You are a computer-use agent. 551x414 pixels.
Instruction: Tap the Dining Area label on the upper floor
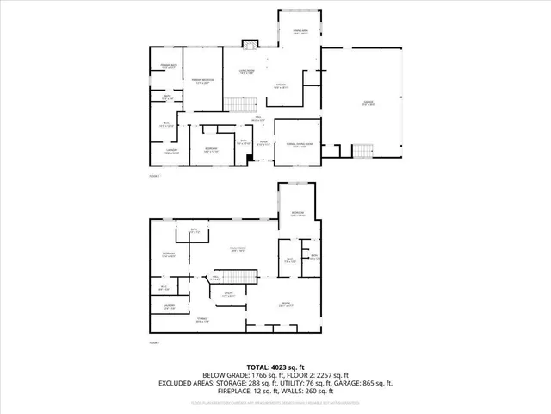300,33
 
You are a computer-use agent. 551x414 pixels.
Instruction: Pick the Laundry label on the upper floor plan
171,153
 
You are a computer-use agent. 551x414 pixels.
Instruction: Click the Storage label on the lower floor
202,320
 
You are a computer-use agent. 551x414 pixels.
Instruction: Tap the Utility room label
230,294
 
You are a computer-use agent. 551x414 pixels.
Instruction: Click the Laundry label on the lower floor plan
167,307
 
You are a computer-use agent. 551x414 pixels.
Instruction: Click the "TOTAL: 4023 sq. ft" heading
275,366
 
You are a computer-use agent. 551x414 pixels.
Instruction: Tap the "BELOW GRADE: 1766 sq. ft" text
238,374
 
